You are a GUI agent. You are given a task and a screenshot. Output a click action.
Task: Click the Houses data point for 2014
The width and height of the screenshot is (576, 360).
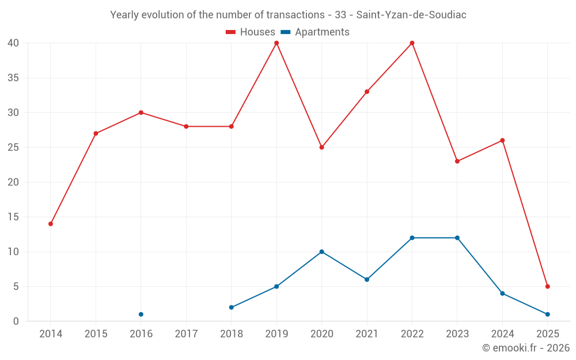click(51, 223)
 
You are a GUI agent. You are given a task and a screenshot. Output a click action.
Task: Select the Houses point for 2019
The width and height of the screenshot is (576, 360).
click(276, 43)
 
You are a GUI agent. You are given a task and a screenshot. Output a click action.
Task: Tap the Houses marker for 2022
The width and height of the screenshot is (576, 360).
click(412, 43)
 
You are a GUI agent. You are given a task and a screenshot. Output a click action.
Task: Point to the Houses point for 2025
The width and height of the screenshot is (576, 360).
click(547, 286)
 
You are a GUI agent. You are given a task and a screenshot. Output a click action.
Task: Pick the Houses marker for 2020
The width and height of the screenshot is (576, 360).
click(321, 147)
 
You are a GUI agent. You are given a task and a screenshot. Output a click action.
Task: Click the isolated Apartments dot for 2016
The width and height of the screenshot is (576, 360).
click(141, 314)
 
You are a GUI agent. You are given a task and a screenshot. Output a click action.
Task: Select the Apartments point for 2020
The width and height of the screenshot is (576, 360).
click(321, 252)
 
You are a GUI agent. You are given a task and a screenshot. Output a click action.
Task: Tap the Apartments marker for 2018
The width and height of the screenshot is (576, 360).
click(232, 308)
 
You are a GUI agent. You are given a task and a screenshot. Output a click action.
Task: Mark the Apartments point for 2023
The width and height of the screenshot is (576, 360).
click(457, 238)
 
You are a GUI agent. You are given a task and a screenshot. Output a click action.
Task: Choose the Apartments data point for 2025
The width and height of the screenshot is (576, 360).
click(547, 314)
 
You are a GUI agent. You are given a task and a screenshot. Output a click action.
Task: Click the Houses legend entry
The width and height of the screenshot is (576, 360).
click(250, 32)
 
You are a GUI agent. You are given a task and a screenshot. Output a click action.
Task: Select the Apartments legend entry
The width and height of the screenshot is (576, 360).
click(315, 32)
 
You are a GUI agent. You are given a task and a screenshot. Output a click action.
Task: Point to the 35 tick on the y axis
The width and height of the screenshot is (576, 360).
click(13, 78)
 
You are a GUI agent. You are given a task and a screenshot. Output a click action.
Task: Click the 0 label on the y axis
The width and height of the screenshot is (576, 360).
click(16, 321)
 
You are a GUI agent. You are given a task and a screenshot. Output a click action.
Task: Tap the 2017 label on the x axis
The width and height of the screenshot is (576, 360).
click(186, 334)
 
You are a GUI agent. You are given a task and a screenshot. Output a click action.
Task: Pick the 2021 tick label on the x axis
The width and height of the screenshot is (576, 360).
click(367, 334)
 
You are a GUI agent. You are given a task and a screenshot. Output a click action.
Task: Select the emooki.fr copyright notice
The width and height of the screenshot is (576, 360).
click(526, 348)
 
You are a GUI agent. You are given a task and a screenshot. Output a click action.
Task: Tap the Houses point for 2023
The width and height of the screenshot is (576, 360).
click(457, 161)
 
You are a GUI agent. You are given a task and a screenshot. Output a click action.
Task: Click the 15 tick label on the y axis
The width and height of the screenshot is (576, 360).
click(13, 217)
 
